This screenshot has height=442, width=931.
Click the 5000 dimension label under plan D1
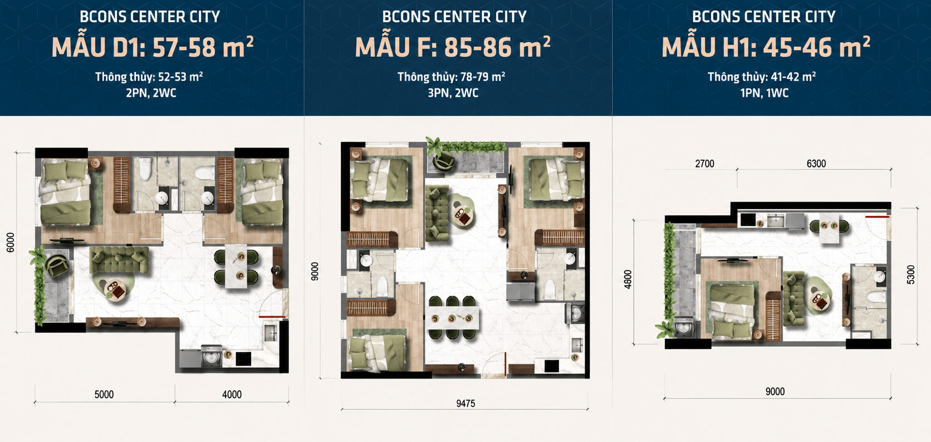[104, 394]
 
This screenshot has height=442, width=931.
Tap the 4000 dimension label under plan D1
[232, 394]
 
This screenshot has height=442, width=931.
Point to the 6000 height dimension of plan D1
[11, 242]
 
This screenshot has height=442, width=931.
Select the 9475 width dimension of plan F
[465, 404]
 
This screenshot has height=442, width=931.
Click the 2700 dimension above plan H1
[705, 164]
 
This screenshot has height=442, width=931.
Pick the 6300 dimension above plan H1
[816, 164]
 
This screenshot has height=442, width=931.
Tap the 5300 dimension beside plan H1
[910, 274]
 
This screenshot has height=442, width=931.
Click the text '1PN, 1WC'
[765, 92]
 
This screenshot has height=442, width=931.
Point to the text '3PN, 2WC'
[453, 92]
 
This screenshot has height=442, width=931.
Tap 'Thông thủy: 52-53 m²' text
[149, 76]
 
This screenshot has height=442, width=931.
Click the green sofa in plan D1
[119, 260]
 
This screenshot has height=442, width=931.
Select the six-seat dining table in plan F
[452, 318]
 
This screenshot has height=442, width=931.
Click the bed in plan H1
[732, 310]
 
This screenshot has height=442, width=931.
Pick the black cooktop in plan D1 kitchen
[243, 359]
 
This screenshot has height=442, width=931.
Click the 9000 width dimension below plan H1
[775, 391]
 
